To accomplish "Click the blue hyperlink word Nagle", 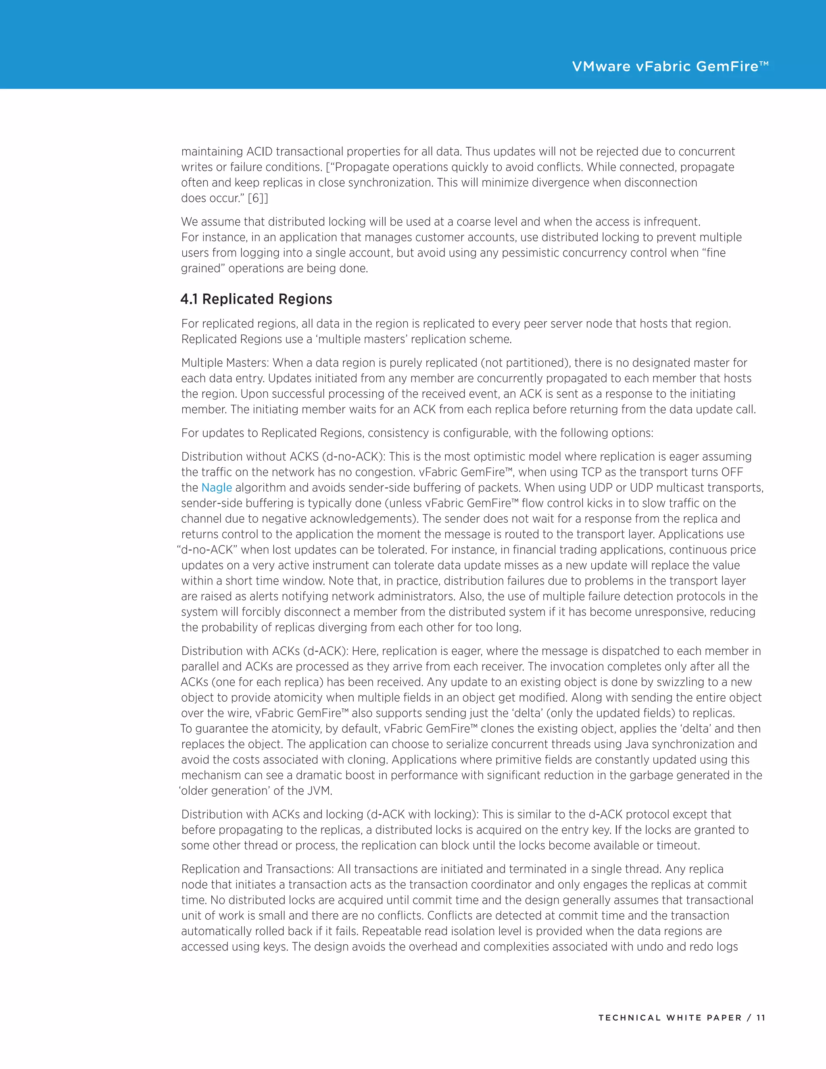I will tap(216, 488).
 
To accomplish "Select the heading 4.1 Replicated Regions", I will tap(256, 299).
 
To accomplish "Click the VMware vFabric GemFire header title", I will tap(670, 67).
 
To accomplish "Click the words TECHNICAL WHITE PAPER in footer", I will tap(670, 1018).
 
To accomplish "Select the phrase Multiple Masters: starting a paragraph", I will tap(225, 363).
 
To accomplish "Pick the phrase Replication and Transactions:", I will tap(258, 869).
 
